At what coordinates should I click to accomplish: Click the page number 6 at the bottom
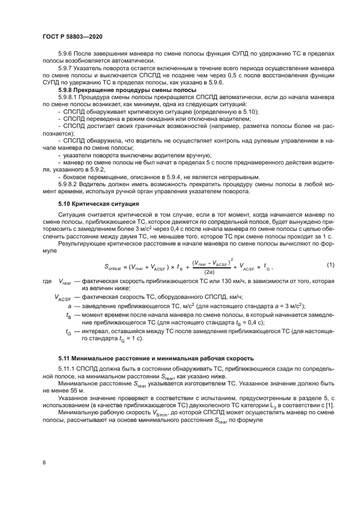tap(44, 462)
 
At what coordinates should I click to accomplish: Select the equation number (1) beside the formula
tap(330, 266)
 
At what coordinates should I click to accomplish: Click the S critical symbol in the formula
tap(118, 267)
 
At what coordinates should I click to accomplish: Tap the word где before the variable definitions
tap(46, 283)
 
